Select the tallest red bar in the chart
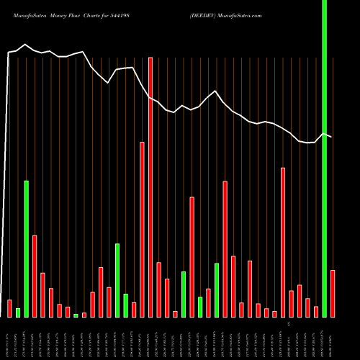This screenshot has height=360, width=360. click(150, 187)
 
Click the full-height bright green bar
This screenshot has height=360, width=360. click(324, 158)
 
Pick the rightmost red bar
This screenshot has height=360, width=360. click(333, 293)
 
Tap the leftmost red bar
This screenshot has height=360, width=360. click(10, 308)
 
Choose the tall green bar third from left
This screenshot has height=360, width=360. click(27, 248)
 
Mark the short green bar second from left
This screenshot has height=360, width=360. click(18, 312)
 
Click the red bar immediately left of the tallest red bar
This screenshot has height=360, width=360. click(143, 229)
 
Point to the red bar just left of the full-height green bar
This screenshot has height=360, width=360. click(316, 311)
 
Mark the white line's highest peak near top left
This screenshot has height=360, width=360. click(26, 45)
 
